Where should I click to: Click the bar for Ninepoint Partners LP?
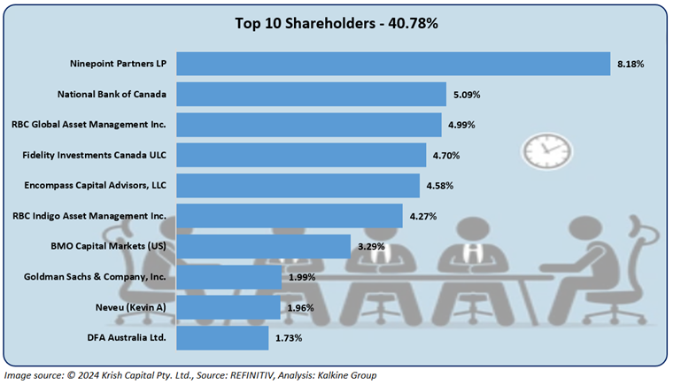pyautogui.click(x=394, y=64)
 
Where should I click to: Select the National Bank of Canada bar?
pyautogui.click(x=312, y=94)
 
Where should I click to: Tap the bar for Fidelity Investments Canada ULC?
pyautogui.click(x=302, y=155)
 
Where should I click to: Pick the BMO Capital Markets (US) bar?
pyautogui.click(x=264, y=246)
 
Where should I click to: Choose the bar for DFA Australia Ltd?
pyautogui.click(x=222, y=337)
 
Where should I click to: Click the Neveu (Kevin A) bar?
pyautogui.click(x=229, y=307)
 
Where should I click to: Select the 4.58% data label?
pyautogui.click(x=439, y=186)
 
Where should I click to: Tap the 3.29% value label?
pyautogui.click(x=370, y=247)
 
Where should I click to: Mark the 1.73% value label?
pyautogui.click(x=288, y=338)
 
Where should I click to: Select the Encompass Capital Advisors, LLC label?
pyautogui.click(x=95, y=185)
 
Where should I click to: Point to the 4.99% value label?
pyautogui.click(x=461, y=125)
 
